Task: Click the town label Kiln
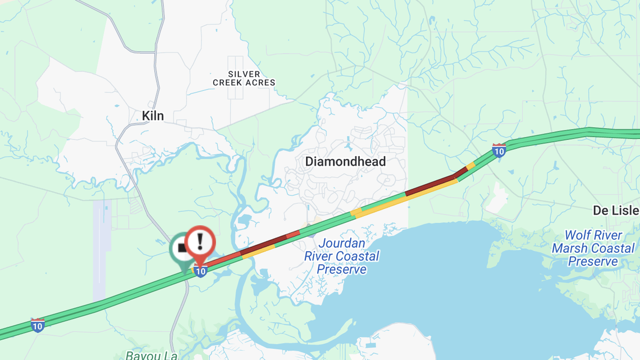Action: [x=153, y=116]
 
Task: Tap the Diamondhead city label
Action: [x=345, y=162]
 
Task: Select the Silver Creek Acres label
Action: [x=244, y=78]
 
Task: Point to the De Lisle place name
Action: [x=616, y=211]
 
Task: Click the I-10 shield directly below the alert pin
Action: [x=200, y=271]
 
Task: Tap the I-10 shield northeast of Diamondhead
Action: [x=499, y=150]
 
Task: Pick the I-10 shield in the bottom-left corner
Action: [x=38, y=325]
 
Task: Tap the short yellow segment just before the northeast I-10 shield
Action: [x=470, y=166]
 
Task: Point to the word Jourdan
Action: [x=342, y=244]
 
